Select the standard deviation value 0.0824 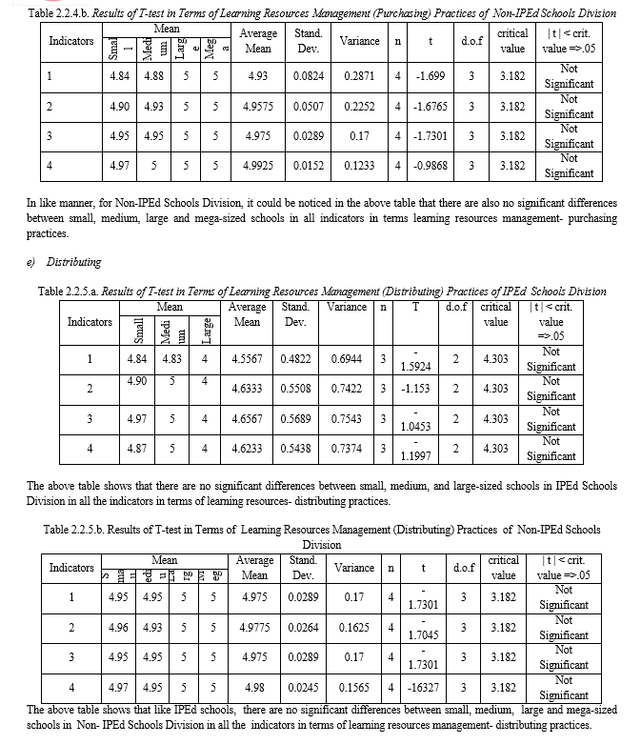tap(308, 76)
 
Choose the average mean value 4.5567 tap(247, 359)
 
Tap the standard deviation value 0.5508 tap(296, 389)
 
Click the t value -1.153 tap(415, 389)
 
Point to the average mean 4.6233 tap(247, 449)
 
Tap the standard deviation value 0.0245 tap(303, 687)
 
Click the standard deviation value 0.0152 tap(308, 166)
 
